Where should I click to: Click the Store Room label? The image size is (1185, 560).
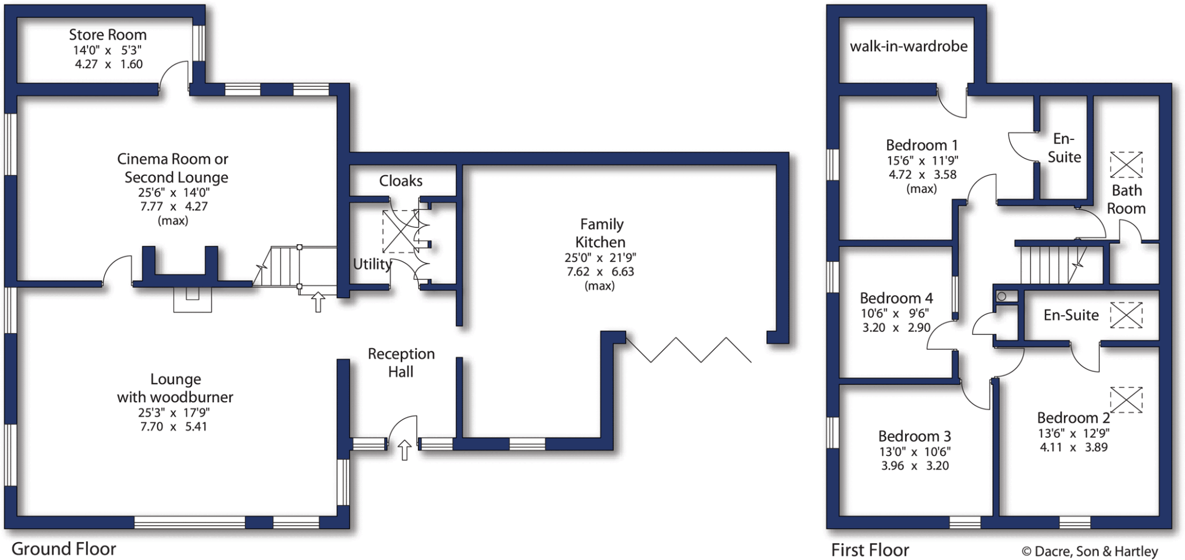(108, 35)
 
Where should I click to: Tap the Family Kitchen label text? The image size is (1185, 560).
(601, 233)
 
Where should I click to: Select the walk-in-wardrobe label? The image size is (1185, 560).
(908, 46)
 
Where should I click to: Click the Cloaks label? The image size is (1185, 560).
(400, 181)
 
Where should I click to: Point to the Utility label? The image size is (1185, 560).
(372, 264)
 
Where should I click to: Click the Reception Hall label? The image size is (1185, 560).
(401, 363)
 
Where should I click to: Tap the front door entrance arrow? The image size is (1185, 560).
(404, 450)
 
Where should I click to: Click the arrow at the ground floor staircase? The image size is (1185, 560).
(318, 301)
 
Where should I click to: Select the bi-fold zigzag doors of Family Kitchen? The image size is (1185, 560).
(689, 349)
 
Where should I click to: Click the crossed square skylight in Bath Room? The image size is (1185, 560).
(1126, 165)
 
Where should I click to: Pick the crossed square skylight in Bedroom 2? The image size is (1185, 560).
(1126, 400)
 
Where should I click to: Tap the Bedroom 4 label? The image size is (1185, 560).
(896, 299)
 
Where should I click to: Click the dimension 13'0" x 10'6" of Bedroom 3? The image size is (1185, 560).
(914, 452)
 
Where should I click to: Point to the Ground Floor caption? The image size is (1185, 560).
(64, 548)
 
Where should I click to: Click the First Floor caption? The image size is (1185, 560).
(870, 550)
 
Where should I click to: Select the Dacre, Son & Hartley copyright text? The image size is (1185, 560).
(1090, 551)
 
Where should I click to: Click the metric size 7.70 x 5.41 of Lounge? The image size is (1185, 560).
(173, 427)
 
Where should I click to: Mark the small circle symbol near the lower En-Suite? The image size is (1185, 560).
(1002, 296)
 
